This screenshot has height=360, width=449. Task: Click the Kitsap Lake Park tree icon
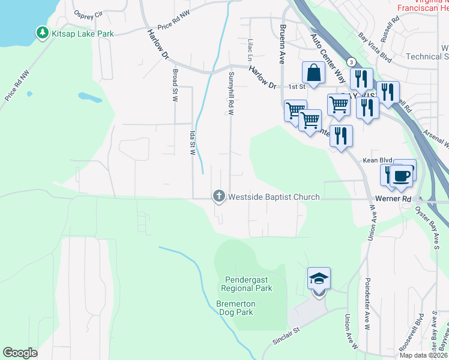click(x=43, y=32)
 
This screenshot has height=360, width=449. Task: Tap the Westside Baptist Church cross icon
click(x=219, y=196)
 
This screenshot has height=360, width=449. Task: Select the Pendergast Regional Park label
click(x=249, y=284)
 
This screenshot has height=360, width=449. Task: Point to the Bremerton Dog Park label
click(x=235, y=308)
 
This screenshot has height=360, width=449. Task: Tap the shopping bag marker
click(x=313, y=74)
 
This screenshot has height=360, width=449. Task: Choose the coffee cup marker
click(x=403, y=175)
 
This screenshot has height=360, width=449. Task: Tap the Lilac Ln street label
click(x=249, y=50)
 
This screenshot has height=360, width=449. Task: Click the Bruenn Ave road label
click(x=280, y=44)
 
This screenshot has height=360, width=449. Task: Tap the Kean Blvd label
click(x=377, y=160)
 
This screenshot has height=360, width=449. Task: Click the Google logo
click(x=20, y=353)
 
